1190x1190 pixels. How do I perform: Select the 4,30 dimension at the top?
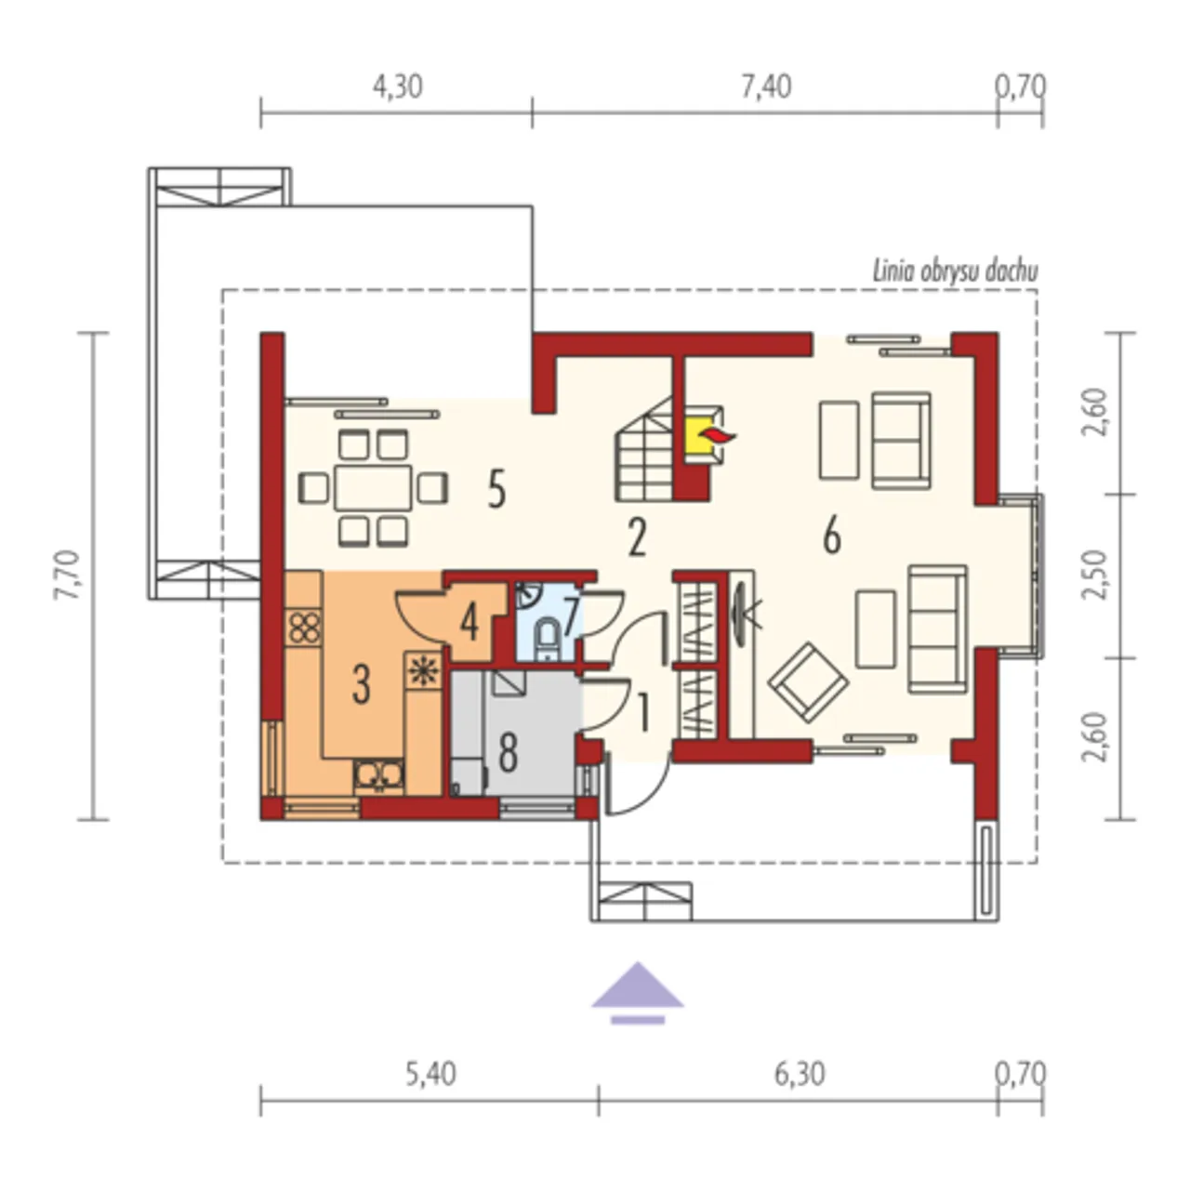pos(398,87)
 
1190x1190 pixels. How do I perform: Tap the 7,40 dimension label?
pos(766,87)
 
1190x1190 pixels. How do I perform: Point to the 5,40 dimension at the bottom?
pos(431,1074)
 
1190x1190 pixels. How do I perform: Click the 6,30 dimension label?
pos(800,1074)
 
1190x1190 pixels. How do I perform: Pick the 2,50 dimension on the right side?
pos(1094,575)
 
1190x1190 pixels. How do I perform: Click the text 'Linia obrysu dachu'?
pos(955,272)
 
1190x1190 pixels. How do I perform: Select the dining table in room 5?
pos(373,488)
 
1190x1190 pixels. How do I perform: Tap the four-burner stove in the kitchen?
pos(304,628)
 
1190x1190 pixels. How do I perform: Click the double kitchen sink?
pos(379,776)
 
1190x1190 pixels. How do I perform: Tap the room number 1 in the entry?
pos(642,713)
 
